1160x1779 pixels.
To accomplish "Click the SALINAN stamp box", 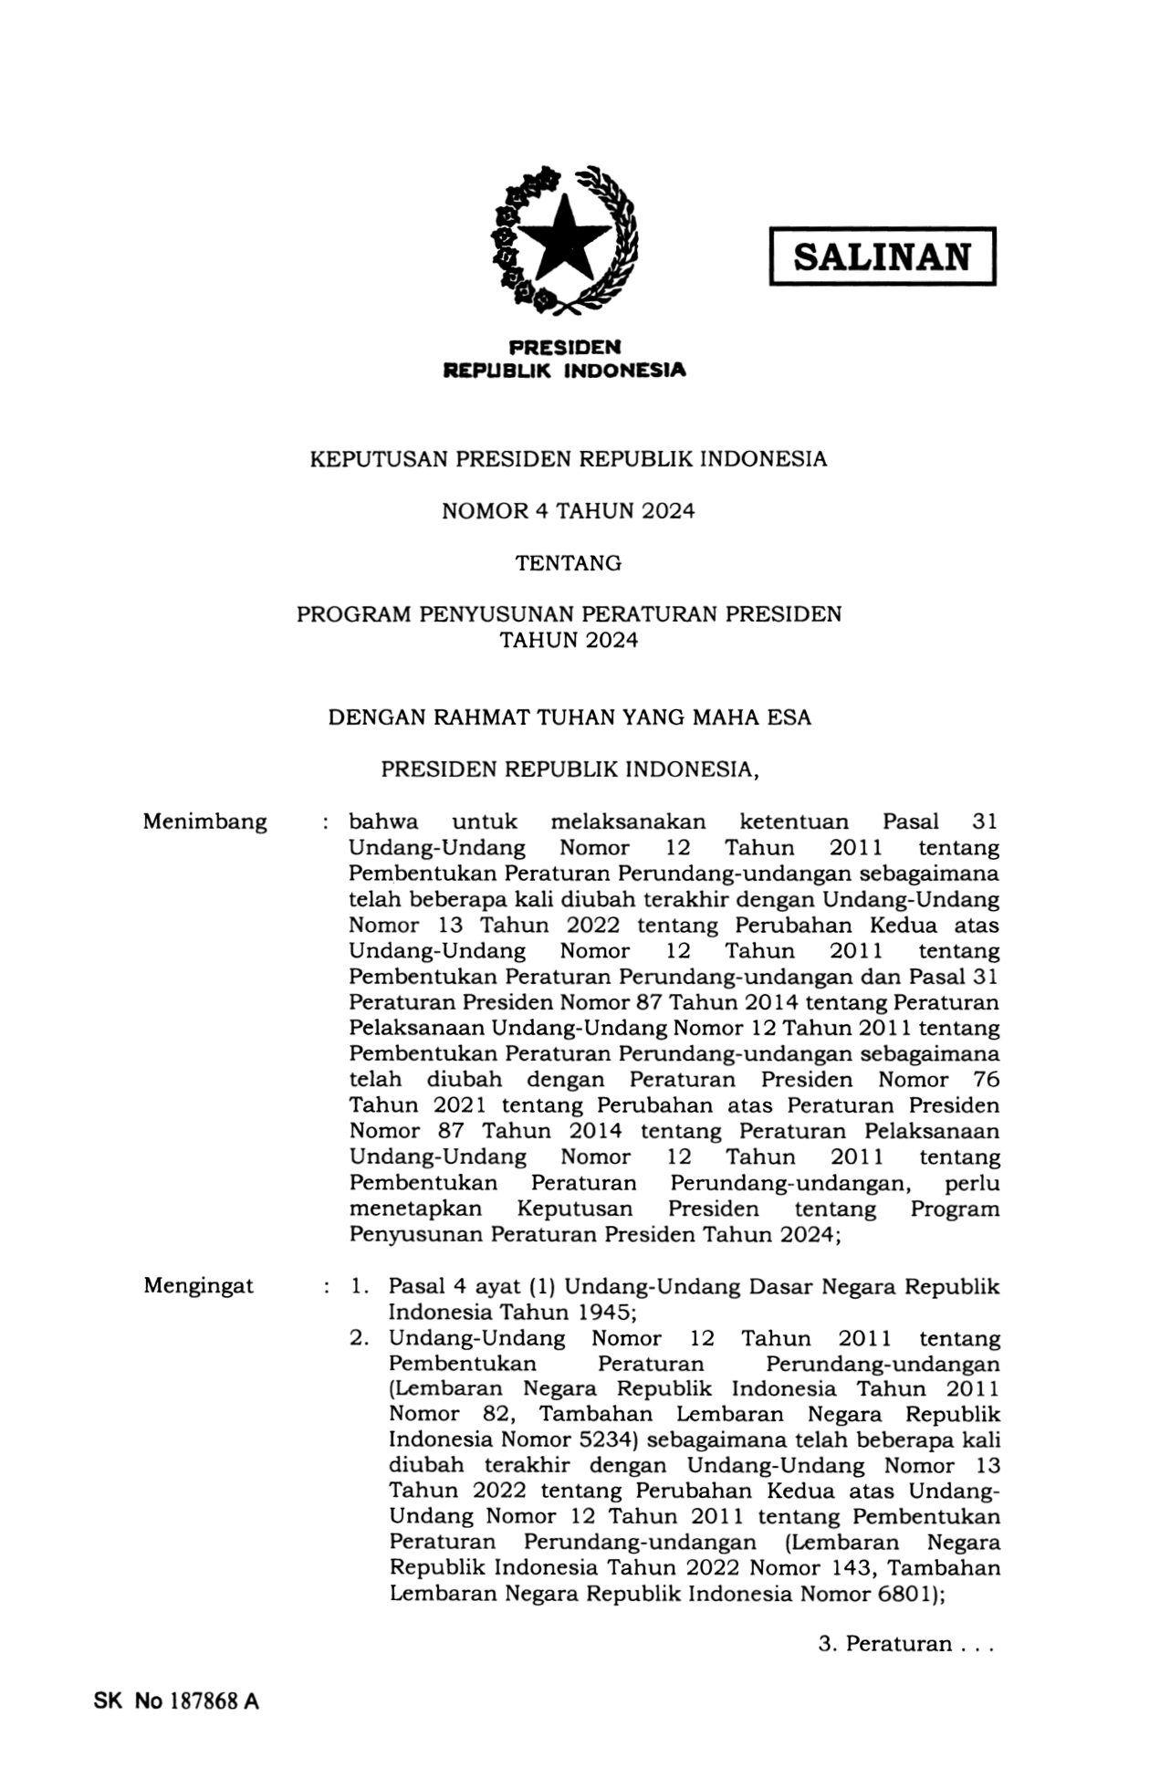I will (881, 256).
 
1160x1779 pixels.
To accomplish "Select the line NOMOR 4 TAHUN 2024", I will (568, 511).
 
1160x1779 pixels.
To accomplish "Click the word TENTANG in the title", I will (568, 563).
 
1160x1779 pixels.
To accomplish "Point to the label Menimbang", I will (204, 821).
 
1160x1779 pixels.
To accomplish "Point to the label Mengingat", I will (198, 1286).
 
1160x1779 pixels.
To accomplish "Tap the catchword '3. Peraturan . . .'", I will (904, 1644).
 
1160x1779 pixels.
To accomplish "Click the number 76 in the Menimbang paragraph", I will (986, 1080).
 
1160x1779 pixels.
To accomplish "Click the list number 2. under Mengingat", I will (359, 1338).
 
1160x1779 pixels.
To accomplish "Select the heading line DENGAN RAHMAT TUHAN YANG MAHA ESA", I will (569, 717).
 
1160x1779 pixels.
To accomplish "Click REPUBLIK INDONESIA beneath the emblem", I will (563, 371).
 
